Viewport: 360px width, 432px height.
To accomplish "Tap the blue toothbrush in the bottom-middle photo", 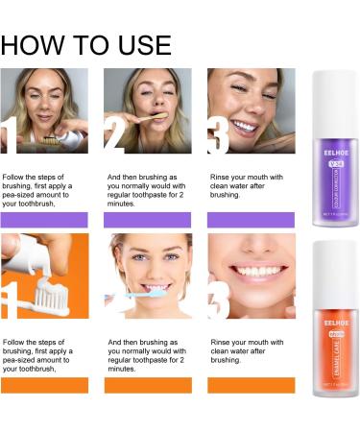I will tap(125, 300).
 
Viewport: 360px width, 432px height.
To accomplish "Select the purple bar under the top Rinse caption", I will tap(251, 219).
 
